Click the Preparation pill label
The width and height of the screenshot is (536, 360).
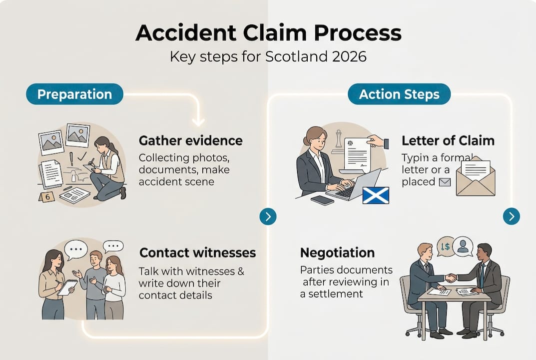tap(74, 94)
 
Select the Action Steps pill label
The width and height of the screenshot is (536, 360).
tap(399, 94)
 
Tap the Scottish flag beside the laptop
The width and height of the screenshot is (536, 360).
tap(375, 195)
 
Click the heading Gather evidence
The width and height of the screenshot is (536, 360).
tap(190, 140)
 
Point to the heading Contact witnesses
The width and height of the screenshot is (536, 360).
tap(197, 252)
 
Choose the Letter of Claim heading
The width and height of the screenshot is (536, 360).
tap(448, 140)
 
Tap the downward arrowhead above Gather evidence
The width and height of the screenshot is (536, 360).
tap(198, 121)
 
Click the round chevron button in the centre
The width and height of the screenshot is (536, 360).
tap(268, 216)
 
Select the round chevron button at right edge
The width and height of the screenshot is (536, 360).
tap(511, 216)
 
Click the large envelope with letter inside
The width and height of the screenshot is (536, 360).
tap(475, 178)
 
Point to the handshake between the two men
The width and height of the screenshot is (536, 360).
tap(451, 278)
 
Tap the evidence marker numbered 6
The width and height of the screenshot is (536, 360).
tap(47, 197)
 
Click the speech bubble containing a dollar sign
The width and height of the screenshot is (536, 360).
tap(445, 246)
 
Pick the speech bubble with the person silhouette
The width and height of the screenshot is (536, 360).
tap(463, 246)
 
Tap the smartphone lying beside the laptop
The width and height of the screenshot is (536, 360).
tap(322, 200)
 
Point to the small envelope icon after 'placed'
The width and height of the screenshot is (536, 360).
tap(445, 182)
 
